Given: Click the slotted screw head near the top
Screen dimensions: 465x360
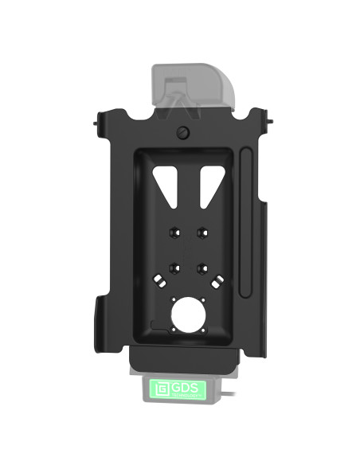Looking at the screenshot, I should [184, 132].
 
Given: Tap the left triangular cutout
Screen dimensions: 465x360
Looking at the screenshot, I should [165, 182].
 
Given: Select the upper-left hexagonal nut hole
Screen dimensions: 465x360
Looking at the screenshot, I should [170, 233].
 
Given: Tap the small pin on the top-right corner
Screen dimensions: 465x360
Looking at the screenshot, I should [272, 123].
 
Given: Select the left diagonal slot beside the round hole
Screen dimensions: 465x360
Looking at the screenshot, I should [160, 281].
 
